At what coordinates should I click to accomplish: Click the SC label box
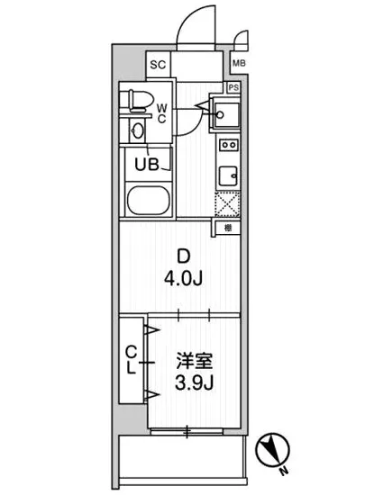(157, 64)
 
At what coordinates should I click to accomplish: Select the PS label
(233, 87)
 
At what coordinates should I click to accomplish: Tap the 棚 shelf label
(229, 229)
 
